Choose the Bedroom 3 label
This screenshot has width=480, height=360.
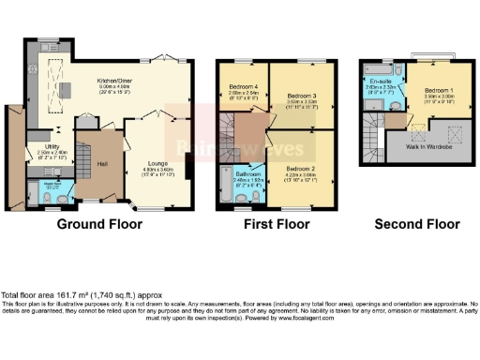point(300,96)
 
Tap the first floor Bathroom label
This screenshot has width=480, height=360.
point(247,174)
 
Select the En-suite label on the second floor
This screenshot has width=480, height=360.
point(381,82)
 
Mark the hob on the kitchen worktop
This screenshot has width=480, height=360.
point(35,75)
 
